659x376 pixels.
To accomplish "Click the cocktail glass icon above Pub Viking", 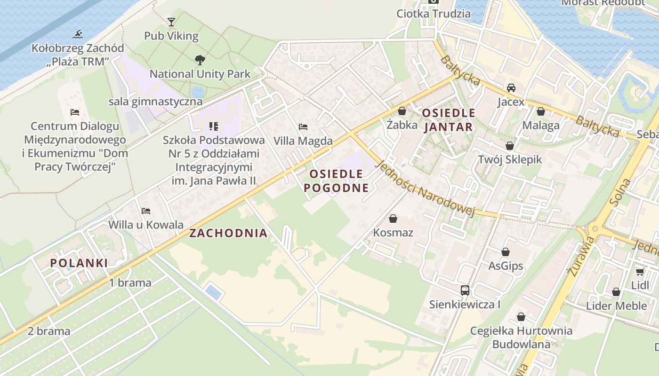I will coord(171,22).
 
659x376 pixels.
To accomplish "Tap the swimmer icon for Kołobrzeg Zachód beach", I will coord(78,34).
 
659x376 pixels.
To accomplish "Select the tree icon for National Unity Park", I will coord(200,60).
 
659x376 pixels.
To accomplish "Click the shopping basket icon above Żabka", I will coord(402,111).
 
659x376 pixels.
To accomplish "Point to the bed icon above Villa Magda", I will coord(303,127).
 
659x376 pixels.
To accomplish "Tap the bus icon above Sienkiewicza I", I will coord(465,290).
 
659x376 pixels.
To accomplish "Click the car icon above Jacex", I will coord(511,88).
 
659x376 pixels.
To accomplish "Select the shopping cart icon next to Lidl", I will coord(640,272).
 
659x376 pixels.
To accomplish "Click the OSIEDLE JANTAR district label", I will coord(449,120).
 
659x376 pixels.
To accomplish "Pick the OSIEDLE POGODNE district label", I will coord(336,181).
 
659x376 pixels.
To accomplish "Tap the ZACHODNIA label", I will coord(228,233).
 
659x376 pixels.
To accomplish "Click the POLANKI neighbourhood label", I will coord(79,263).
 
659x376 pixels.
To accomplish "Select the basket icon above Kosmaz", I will coord(393,219).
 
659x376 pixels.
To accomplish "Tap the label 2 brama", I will coord(49,331).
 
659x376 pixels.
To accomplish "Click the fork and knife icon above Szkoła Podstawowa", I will coord(214,126).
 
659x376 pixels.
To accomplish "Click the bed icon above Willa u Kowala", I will coord(146,211).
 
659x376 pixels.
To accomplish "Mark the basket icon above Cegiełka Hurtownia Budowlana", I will coord(521,317).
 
